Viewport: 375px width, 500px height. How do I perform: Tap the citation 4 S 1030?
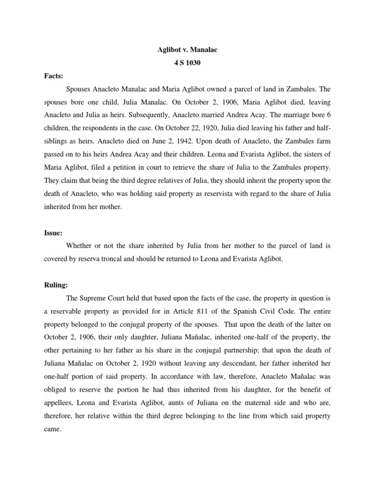(x=187, y=63)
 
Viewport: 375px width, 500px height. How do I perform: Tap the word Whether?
(x=81, y=246)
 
